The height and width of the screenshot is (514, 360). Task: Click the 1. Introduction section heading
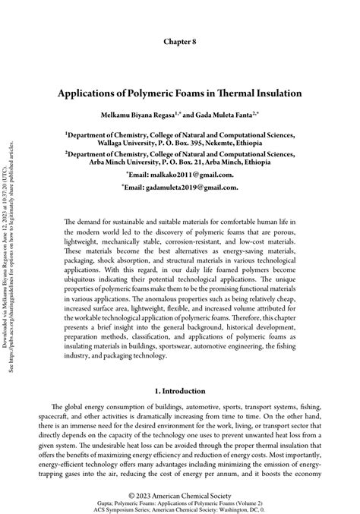click(180, 391)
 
